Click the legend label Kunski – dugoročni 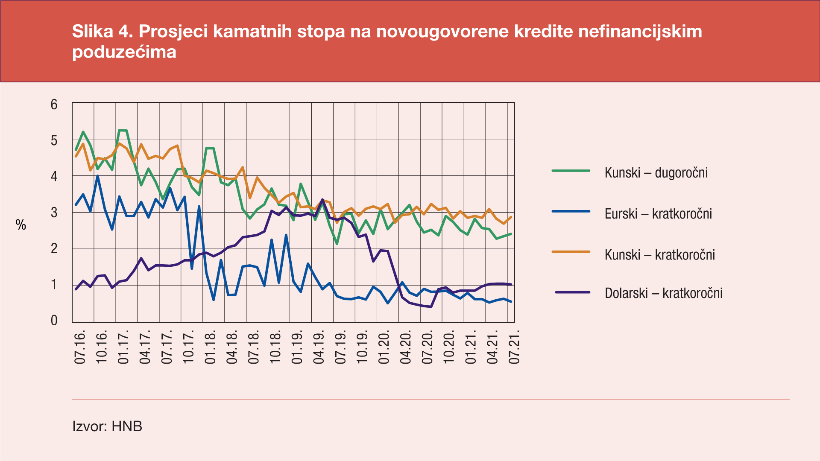coord(656,173)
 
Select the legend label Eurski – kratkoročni coord(658,214)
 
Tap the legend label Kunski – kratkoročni coord(659,255)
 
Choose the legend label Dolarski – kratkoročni coord(663,293)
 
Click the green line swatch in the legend coord(571,171)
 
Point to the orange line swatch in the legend coord(571,252)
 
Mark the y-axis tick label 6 coord(54,105)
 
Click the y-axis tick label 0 coord(54,321)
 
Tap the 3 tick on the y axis coord(54,213)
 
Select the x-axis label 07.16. coord(80,347)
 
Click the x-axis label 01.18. coord(210,347)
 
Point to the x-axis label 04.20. coord(406,347)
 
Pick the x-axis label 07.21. coord(514,347)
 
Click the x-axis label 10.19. coord(362,347)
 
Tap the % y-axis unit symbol coord(21,225)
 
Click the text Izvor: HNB coord(107,426)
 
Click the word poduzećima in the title coord(124,52)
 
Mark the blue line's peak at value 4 coord(98,176)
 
